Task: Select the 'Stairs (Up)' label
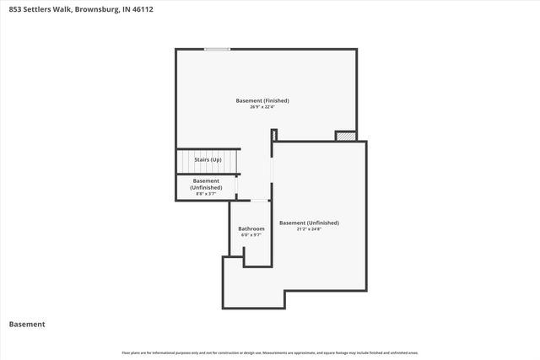pyautogui.click(x=208, y=159)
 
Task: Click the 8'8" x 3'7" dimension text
pyautogui.click(x=206, y=194)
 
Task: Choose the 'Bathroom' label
pyautogui.click(x=251, y=228)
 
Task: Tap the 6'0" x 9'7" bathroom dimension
pyautogui.click(x=251, y=235)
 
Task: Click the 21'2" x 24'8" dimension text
pyautogui.click(x=309, y=229)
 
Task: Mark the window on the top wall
pyautogui.click(x=217, y=49)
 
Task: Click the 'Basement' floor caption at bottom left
pyautogui.click(x=26, y=324)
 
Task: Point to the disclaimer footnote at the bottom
pyautogui.click(x=269, y=352)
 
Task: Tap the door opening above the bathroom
pyautogui.click(x=260, y=201)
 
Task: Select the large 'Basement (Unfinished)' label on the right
pyautogui.click(x=309, y=223)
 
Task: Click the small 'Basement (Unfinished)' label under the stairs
pyautogui.click(x=206, y=184)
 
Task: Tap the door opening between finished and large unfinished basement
pyautogui.click(x=273, y=177)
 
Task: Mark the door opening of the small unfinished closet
pyautogui.click(x=237, y=186)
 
